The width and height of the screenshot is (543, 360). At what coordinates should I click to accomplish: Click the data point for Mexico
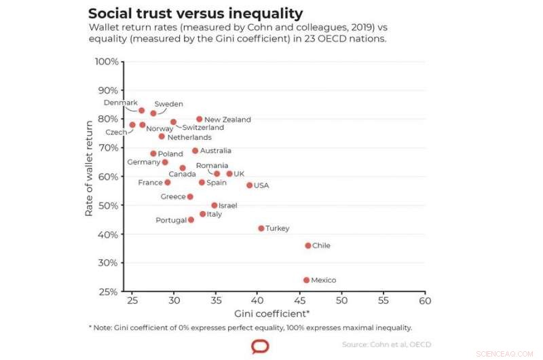306,280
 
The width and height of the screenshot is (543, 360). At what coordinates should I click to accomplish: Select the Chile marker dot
308,246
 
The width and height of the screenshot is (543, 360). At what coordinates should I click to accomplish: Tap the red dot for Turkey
261,228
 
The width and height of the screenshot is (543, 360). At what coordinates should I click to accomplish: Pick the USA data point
250,185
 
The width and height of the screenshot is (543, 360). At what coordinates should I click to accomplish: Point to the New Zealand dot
200,119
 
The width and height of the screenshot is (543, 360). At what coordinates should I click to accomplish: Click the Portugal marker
191,219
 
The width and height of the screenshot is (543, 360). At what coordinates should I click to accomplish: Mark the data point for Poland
153,154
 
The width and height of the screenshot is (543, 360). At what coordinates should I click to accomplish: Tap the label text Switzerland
204,128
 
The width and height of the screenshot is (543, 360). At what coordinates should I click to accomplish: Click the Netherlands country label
189,137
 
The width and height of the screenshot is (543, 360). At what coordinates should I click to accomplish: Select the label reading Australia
216,151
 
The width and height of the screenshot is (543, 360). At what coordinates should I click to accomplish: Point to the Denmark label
121,103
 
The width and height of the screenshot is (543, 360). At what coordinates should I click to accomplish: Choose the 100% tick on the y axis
107,62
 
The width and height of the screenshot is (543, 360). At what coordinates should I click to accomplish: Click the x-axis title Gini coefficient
272,314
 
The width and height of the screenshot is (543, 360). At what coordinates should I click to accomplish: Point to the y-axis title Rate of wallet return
89,168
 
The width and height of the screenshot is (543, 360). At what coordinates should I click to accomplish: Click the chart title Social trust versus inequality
195,13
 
